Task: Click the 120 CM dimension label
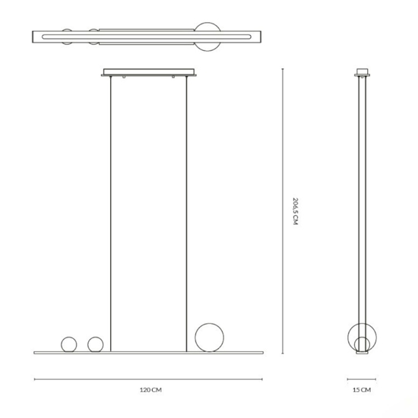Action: tap(150, 390)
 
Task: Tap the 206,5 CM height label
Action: tap(296, 211)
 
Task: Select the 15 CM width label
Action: tap(362, 390)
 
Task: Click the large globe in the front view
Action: tap(209, 324)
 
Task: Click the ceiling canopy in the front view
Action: tap(149, 72)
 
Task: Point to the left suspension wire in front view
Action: tap(111, 214)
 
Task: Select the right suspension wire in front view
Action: tap(187, 214)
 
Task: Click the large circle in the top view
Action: tap(207, 23)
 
